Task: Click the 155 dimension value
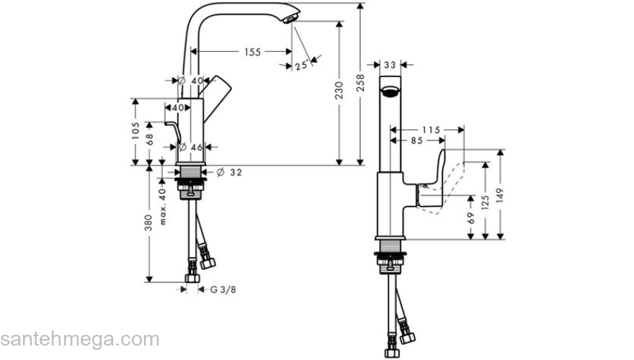point(252,52)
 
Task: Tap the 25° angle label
point(300,66)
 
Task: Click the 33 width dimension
point(390,65)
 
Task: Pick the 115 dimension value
point(430,130)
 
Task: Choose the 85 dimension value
point(416,141)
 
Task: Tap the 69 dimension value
point(472,217)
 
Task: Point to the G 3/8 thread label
point(223,289)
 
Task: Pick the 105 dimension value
point(135,132)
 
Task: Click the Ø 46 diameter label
point(190,147)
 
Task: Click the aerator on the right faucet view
point(390,92)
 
